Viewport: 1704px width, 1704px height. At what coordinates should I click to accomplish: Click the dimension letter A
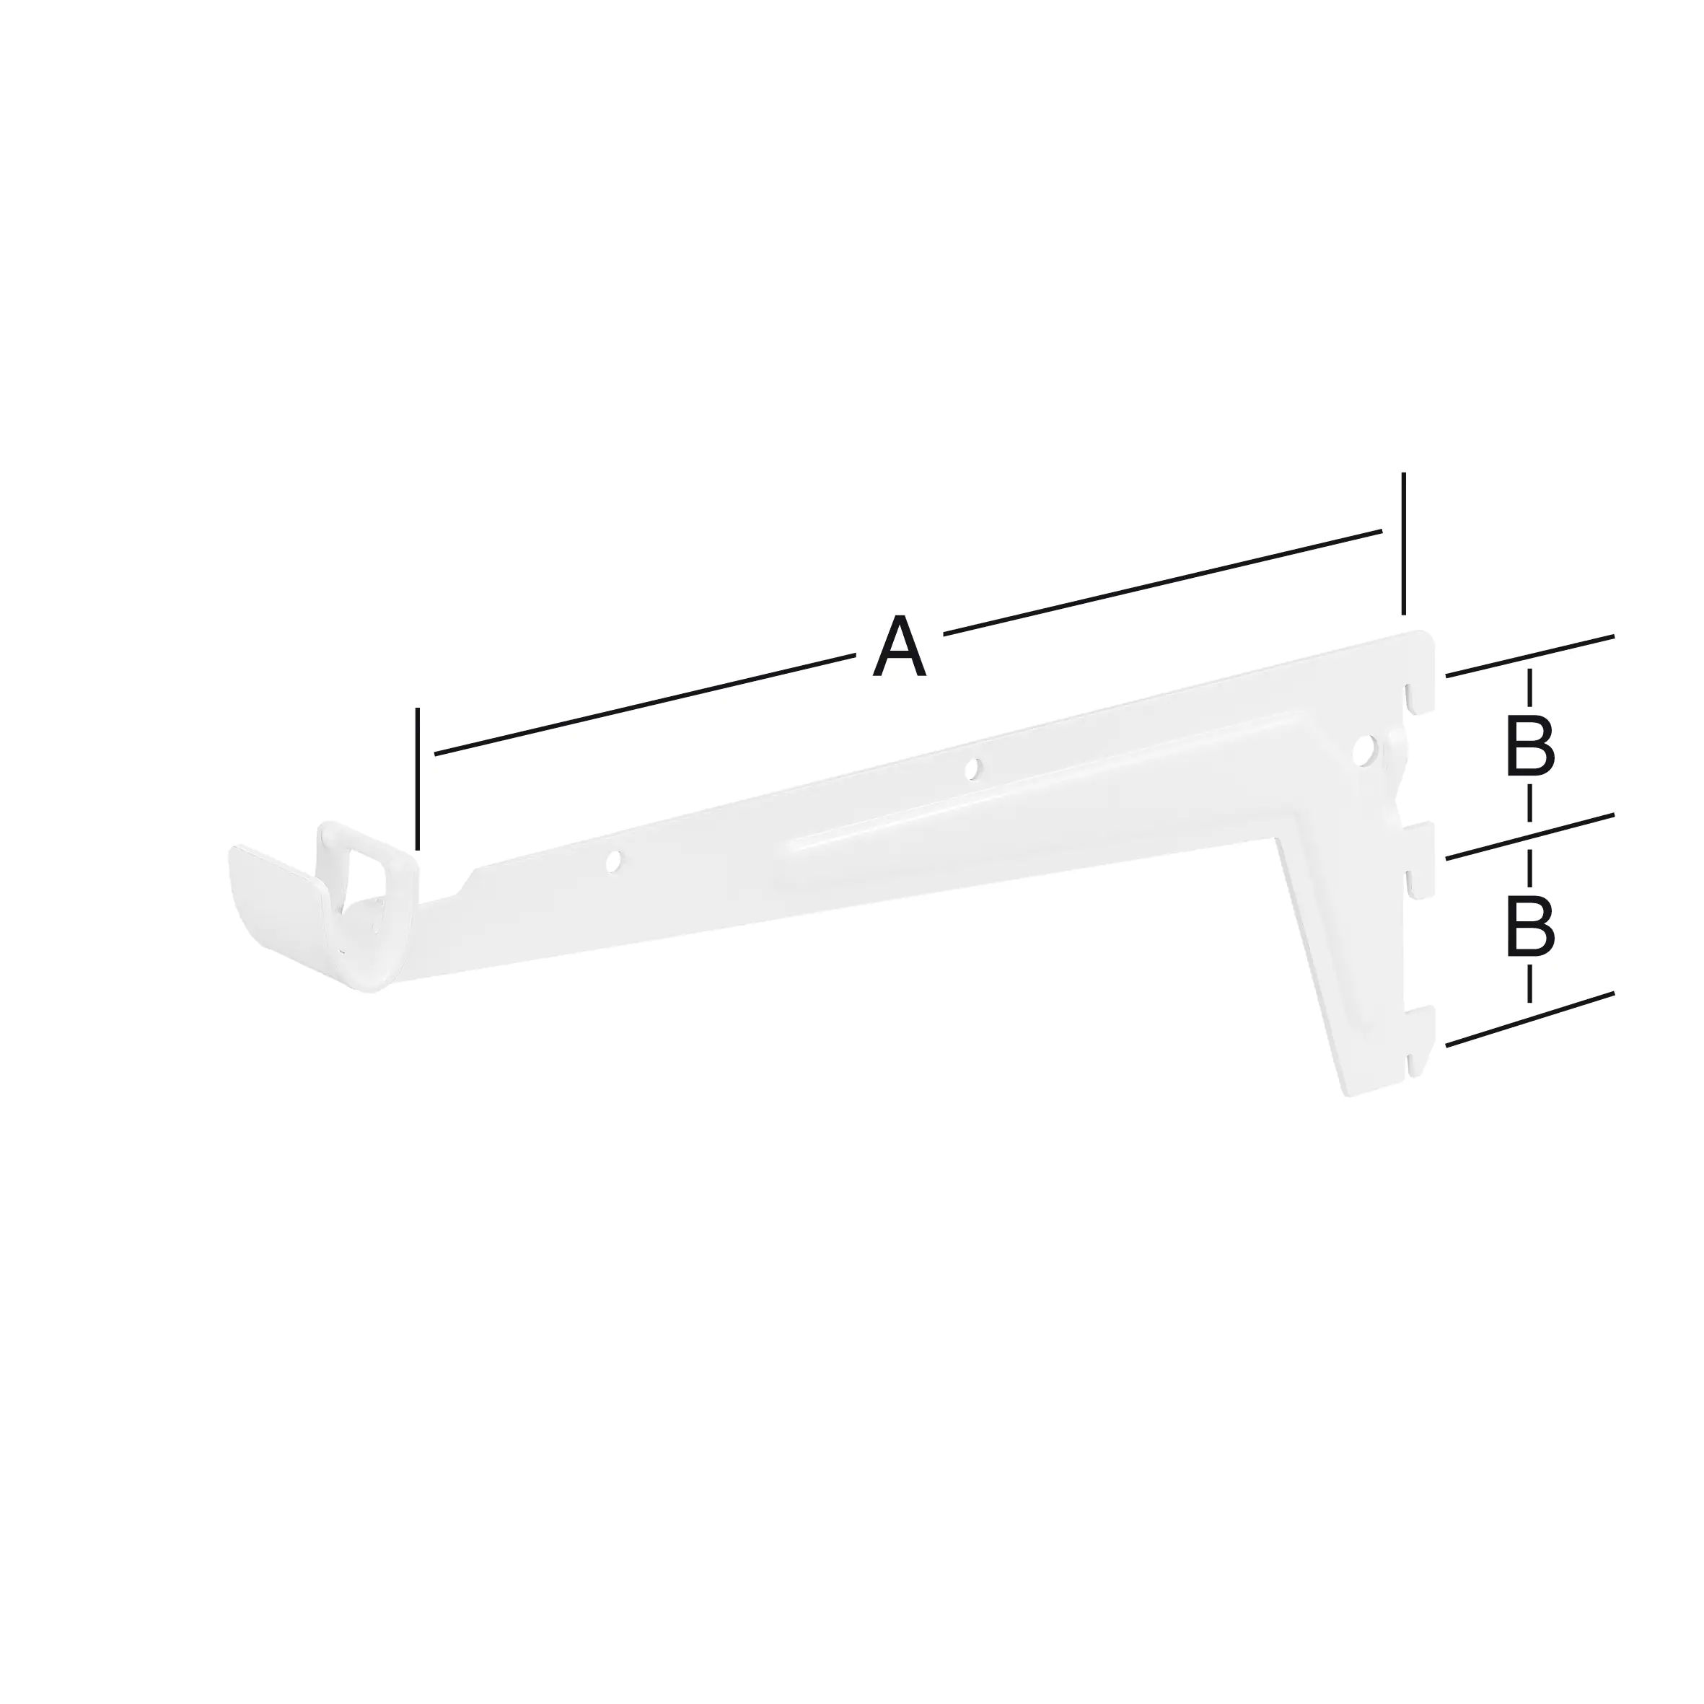coord(899,649)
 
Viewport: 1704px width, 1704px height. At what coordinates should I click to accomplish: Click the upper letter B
coord(1529,745)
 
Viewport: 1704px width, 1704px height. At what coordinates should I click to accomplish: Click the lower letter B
coord(1529,926)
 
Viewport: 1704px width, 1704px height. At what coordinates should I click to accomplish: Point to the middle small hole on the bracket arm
coord(972,769)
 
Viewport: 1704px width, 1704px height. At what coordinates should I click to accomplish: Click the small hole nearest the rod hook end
coord(614,861)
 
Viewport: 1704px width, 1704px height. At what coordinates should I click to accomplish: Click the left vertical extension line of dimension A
coord(418,776)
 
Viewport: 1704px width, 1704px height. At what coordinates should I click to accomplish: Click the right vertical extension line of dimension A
coord(1403,543)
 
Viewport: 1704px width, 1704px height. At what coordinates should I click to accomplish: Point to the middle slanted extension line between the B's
coord(1530,835)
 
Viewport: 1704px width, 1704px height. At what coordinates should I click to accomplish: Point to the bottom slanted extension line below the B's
coord(1530,1019)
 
